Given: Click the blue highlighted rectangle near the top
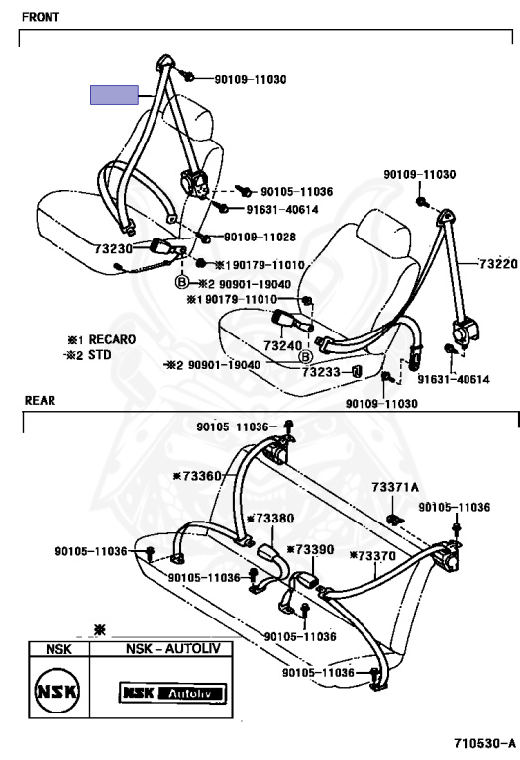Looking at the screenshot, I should pyautogui.click(x=115, y=94).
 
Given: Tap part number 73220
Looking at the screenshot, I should pyautogui.click(x=497, y=263).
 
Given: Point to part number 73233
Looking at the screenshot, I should pyautogui.click(x=322, y=371).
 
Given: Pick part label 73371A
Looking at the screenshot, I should pyautogui.click(x=395, y=487).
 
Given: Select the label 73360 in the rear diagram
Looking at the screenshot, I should pyautogui.click(x=199, y=476).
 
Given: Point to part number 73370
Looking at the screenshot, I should pyautogui.click(x=374, y=556).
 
